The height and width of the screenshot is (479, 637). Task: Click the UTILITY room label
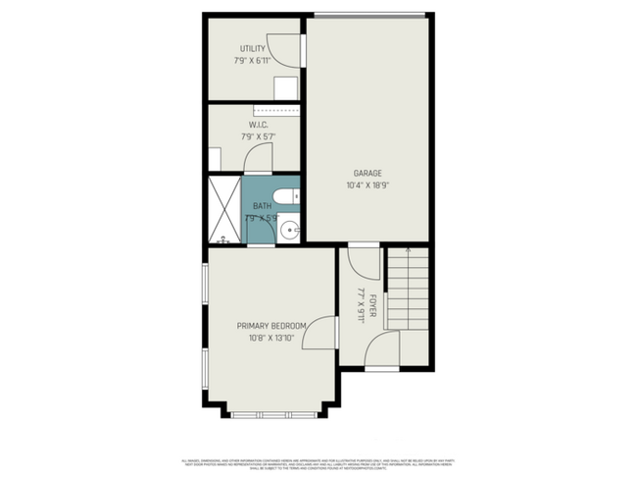pyautogui.click(x=253, y=48)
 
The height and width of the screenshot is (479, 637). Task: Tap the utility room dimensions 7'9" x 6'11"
pyautogui.click(x=253, y=60)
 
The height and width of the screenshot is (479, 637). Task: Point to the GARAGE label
pyautogui.click(x=367, y=173)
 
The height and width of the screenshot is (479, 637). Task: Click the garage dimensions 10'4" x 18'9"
pyautogui.click(x=367, y=185)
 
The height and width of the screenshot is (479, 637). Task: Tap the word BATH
pyautogui.click(x=262, y=205)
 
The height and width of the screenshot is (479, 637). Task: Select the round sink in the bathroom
pyautogui.click(x=287, y=231)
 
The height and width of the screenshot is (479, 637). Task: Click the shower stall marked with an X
pyautogui.click(x=223, y=209)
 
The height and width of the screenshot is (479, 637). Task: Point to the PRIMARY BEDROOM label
pyautogui.click(x=271, y=326)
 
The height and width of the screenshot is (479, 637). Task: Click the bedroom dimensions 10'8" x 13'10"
pyautogui.click(x=271, y=338)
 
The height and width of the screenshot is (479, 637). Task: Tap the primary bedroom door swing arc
pyautogui.click(x=316, y=335)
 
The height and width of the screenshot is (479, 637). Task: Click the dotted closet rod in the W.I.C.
pyautogui.click(x=277, y=112)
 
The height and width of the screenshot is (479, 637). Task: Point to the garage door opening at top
pyautogui.click(x=369, y=14)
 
